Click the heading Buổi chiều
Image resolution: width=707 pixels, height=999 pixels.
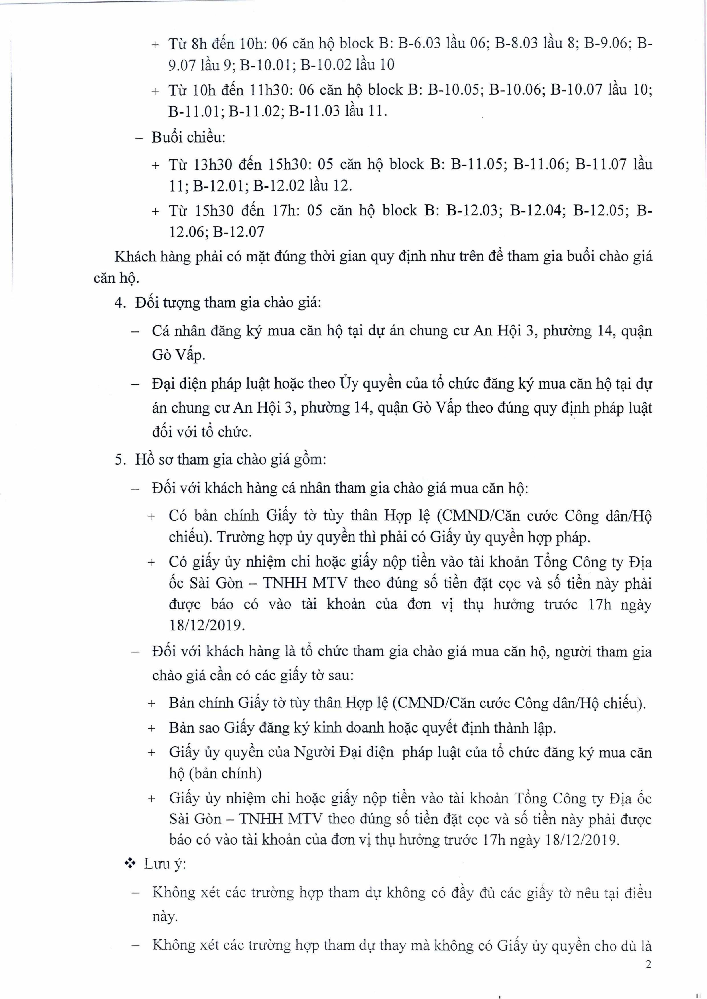click(x=188, y=138)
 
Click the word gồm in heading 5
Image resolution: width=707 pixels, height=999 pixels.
click(x=310, y=460)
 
